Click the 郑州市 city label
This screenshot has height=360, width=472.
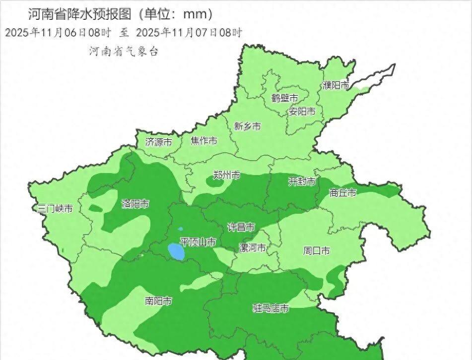point(226,175)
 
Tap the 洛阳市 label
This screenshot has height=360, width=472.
point(135,204)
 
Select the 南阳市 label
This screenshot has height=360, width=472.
point(158,301)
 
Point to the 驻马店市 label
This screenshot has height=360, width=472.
point(270,308)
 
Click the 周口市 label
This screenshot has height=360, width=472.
point(316,251)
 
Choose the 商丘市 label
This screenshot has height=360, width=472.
point(342,193)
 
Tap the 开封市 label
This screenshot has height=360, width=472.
point(302,182)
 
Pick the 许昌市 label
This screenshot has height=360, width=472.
point(241,227)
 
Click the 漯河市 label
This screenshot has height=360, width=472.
point(252,248)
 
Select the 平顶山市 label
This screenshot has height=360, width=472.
point(198,242)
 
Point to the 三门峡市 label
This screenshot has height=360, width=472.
point(56,209)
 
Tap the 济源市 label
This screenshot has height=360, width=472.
point(158,142)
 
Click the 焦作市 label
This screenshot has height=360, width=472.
point(204,141)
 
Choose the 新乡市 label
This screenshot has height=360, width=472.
point(247,126)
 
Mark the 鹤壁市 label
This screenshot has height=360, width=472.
point(285,98)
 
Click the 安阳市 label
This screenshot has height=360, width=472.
point(302,112)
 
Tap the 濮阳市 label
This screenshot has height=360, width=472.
point(336,86)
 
